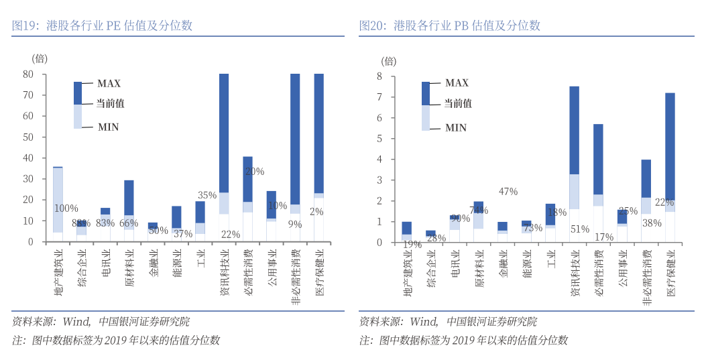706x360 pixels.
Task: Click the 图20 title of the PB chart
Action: pos(450,26)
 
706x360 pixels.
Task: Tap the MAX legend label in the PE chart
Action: pos(109,84)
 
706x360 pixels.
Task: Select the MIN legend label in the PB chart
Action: pos(456,127)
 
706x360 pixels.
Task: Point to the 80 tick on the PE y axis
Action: pos(28,74)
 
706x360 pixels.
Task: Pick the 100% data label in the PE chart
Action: pos(66,208)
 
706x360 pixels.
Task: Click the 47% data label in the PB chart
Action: pos(508,192)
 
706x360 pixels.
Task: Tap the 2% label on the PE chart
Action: pos(316,212)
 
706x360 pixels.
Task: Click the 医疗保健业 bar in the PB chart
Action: pos(670,168)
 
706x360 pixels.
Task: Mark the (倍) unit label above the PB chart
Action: pos(389,61)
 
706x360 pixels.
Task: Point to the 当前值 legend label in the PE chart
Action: pos(111,104)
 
